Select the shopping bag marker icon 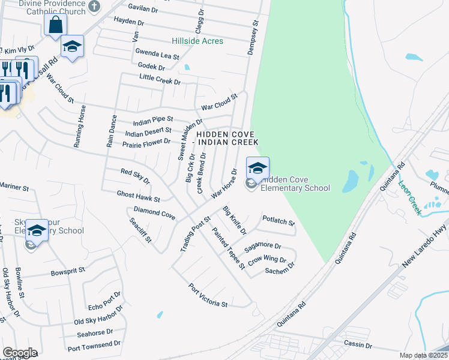(55, 25)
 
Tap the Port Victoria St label (208, 295)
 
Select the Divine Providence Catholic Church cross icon (93, 7)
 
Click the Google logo (20, 353)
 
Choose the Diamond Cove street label (154, 212)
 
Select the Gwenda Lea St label (157, 54)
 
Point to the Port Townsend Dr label (94, 346)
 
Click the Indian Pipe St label (153, 119)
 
